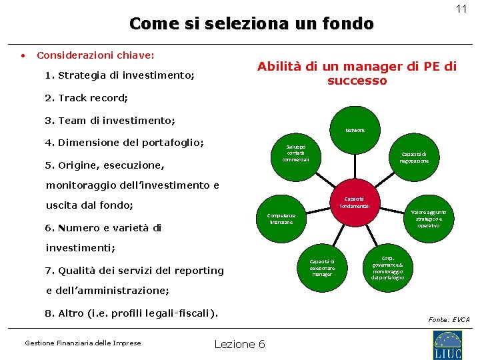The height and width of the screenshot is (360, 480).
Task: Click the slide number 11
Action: click(x=461, y=9)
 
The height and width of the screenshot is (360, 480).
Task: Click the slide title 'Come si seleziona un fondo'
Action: click(x=251, y=24)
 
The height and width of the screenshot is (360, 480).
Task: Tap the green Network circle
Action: click(x=355, y=130)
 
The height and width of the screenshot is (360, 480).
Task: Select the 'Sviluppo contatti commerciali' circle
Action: click(x=295, y=153)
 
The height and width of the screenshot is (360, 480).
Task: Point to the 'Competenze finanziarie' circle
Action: click(x=281, y=219)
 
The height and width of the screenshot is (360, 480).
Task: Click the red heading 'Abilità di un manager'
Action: click(x=357, y=67)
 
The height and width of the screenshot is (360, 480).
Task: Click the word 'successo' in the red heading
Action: click(x=357, y=81)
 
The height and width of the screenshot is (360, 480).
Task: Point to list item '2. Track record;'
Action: click(x=86, y=98)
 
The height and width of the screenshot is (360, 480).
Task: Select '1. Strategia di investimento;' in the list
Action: click(x=120, y=75)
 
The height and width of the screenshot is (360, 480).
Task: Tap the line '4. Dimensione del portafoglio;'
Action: click(x=125, y=143)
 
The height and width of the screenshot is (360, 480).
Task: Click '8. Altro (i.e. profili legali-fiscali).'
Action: click(x=131, y=313)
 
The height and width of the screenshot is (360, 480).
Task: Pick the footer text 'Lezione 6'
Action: click(x=239, y=344)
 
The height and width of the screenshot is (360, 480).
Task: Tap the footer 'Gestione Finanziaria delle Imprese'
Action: click(x=83, y=343)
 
